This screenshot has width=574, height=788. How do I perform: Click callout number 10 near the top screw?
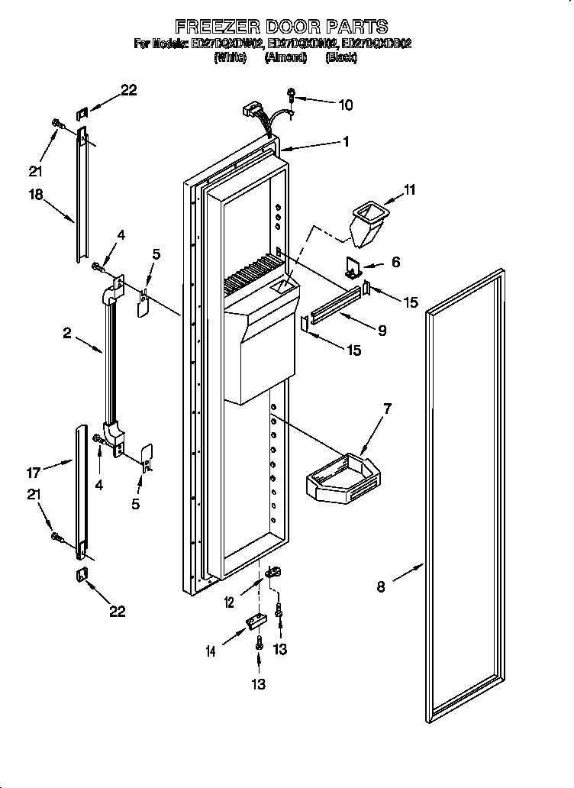tap(345, 105)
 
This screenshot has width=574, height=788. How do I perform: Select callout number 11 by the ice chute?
tap(409, 189)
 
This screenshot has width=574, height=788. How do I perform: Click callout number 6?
tap(396, 261)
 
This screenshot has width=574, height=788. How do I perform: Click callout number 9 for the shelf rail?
tap(381, 331)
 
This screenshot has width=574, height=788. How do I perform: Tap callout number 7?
tap(387, 410)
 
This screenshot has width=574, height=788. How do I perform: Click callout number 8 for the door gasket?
tap(381, 587)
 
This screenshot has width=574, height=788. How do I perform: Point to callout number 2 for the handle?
tap(67, 333)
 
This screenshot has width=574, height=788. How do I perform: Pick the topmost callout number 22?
tap(128, 90)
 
